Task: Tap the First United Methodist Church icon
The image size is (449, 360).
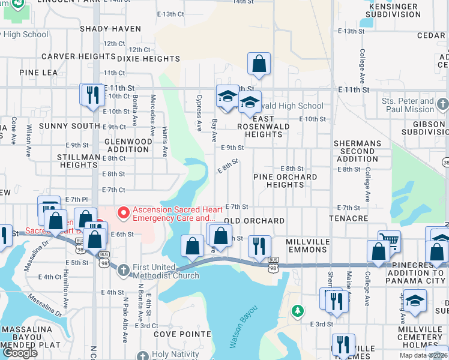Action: tap(124, 270)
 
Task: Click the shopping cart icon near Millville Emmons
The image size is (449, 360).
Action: tap(389, 241)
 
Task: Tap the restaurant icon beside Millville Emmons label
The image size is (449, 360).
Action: tap(259, 246)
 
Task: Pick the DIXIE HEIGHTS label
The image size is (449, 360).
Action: tap(148, 59)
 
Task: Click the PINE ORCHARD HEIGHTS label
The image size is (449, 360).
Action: tap(285, 181)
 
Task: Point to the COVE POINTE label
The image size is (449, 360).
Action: tap(179, 334)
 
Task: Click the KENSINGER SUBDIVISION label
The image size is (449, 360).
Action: tap(392, 10)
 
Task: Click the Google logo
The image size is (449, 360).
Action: tap(20, 353)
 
